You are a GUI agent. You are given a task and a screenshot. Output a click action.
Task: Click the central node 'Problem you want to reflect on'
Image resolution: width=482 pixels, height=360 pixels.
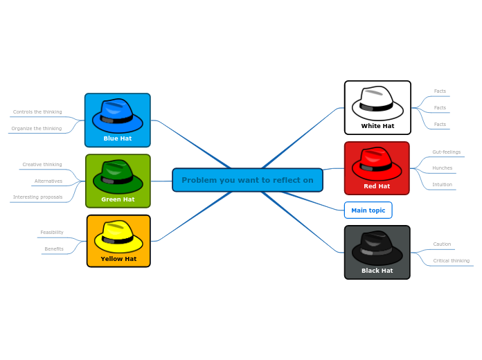coord(247,180)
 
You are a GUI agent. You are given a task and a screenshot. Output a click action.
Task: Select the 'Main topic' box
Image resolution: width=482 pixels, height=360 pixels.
coord(368,210)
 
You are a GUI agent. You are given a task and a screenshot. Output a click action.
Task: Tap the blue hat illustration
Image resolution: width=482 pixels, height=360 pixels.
coord(117,116)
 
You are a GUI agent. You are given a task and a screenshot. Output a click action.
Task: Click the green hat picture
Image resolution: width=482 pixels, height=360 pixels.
coord(118,177)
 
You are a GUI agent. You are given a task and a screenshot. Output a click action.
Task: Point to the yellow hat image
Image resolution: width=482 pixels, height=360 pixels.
coord(118,237)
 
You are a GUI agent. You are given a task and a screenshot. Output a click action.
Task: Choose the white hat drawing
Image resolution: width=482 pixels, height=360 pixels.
coord(377,103)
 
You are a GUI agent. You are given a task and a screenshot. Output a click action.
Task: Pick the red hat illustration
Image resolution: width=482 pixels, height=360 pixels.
coord(377,163)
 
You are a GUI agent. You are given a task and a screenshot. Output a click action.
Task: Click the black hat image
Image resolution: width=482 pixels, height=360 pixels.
coord(377,247)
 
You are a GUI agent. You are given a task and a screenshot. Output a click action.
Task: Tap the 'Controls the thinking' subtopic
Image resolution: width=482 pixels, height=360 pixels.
coord(37,111)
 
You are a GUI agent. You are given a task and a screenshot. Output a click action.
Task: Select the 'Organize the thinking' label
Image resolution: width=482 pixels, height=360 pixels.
coord(37,128)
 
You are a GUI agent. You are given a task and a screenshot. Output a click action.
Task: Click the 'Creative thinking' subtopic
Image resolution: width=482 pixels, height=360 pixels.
coord(42,165)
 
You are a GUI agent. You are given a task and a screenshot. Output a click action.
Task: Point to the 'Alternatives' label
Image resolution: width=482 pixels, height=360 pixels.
coord(48,181)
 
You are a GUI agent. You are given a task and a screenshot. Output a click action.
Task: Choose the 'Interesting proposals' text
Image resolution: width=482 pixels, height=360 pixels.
coord(37,197)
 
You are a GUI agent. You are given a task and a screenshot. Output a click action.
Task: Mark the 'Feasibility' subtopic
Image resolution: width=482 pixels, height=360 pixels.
coord(52,233)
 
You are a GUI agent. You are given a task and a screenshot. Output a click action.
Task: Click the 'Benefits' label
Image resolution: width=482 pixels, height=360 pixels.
coord(54,249)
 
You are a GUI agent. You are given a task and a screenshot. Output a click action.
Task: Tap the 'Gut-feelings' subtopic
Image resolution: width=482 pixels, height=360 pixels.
coord(446,152)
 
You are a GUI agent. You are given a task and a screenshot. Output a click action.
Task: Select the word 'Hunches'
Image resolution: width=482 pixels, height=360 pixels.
coord(442,168)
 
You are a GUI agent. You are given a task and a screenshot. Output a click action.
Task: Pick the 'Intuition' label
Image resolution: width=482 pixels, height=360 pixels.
coord(442,185)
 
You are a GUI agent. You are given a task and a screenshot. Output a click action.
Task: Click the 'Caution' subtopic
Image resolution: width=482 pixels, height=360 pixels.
coord(442,244)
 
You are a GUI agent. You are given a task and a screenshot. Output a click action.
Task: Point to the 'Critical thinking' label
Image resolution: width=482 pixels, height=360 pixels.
coord(451,261)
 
